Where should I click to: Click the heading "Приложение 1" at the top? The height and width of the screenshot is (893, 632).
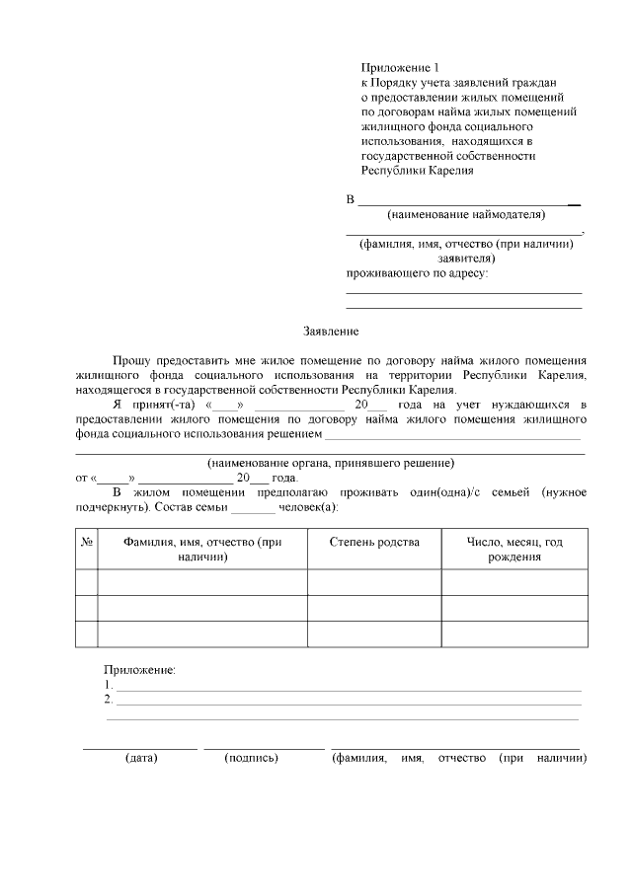[x=398, y=67]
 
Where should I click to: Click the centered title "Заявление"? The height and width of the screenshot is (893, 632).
[x=330, y=333]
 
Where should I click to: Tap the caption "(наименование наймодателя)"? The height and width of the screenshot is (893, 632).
[x=466, y=214]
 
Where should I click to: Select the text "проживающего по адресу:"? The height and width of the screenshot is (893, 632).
[x=416, y=272]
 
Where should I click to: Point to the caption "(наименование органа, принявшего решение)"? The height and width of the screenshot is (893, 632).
[x=330, y=462]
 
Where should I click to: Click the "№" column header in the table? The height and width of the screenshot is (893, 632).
[x=86, y=543]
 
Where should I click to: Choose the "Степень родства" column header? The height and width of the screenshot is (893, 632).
[x=373, y=543]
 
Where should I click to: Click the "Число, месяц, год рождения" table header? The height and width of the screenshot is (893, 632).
[x=513, y=550]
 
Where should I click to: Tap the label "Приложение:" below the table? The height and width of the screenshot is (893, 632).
[x=139, y=670]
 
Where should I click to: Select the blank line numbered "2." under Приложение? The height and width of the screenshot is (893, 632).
[x=346, y=703]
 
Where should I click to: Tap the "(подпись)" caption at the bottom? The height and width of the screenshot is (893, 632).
[x=251, y=759]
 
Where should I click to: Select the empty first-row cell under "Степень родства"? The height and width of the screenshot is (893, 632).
[x=373, y=582]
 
